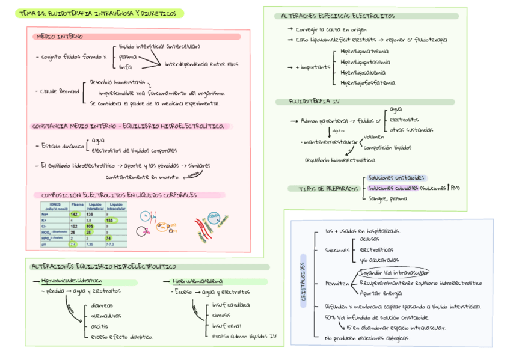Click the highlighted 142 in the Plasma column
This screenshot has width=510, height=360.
pyautogui.click(x=75, y=214)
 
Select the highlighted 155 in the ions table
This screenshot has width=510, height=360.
pyautogui.click(x=111, y=221)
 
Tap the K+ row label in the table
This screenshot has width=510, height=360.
pyautogui.click(x=45, y=221)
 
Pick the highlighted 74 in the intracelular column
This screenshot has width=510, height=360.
pyautogui.click(x=109, y=238)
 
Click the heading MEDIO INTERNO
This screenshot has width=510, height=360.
pyautogui.click(x=60, y=37)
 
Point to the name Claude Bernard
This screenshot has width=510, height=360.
pyautogui.click(x=60, y=91)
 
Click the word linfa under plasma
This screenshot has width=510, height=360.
pyautogui.click(x=125, y=67)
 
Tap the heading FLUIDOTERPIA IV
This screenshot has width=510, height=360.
pyautogui.click(x=314, y=102)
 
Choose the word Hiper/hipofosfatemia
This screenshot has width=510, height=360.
pyautogui.click(x=368, y=82)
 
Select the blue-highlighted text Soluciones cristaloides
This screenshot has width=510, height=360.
pyautogui.click(x=396, y=178)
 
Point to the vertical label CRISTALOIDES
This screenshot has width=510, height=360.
pyautogui.click(x=303, y=282)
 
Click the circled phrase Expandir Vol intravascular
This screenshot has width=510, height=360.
pyautogui.click(x=393, y=272)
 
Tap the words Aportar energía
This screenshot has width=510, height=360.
pyautogui.click(x=381, y=293)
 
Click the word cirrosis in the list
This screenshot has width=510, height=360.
pyautogui.click(x=224, y=314)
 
